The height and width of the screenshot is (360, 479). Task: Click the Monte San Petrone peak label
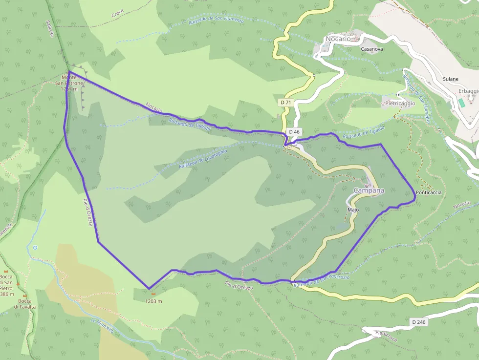coord(69,83)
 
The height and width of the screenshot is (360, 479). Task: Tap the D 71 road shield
coord(285,102)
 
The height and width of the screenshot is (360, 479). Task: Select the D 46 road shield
coord(294,132)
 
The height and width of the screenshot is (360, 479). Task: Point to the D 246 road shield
coord(418,322)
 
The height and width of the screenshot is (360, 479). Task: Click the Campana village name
coord(369,190)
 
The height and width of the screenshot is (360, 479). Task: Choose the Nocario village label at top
coord(338,39)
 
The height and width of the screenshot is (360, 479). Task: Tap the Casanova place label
coord(372,49)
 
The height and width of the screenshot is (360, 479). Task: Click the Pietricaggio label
coord(400,103)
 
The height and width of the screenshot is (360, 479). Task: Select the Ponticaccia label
coord(429,192)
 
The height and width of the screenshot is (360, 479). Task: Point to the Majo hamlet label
coord(353,210)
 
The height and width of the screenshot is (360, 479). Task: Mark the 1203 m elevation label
coord(153,301)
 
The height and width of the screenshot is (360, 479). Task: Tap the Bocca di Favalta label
coord(24,304)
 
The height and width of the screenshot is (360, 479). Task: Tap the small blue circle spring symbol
coord(35,248)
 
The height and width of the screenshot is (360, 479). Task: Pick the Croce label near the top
coord(117,14)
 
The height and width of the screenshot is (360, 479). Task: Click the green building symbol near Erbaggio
coord(461,103)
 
